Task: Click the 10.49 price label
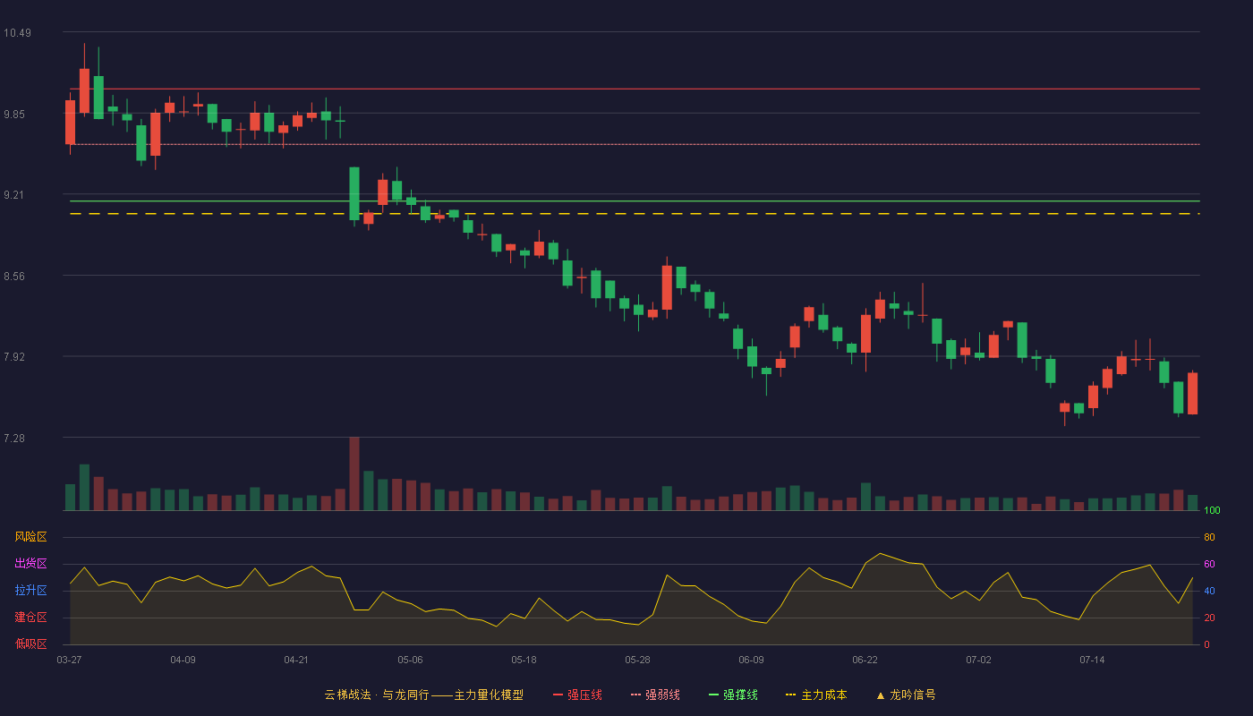click(17, 33)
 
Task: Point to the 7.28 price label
click(14, 438)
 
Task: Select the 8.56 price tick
click(14, 277)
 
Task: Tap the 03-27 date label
click(70, 661)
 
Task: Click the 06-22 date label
click(865, 661)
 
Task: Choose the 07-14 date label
click(1092, 661)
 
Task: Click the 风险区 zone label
click(30, 537)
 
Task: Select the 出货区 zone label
click(30, 563)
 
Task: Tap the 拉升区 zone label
click(30, 590)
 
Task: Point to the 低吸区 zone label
click(30, 644)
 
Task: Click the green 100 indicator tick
click(1212, 510)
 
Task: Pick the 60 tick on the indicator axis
click(1209, 564)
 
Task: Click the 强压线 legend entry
click(577, 695)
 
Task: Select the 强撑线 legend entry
click(733, 695)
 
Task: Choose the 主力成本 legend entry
click(816, 695)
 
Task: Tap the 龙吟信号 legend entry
click(906, 695)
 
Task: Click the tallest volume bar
click(354, 473)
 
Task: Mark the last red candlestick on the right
click(1192, 393)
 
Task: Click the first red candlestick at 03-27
click(71, 122)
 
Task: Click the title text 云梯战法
click(347, 695)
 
